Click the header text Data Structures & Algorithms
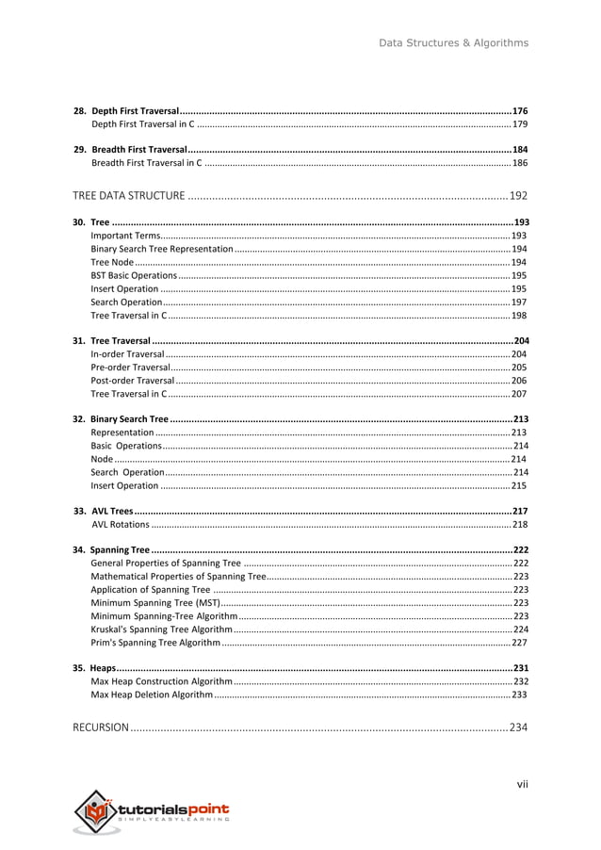tap(453, 42)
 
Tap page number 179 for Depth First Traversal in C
tap(519, 124)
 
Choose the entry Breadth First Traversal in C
tap(146, 163)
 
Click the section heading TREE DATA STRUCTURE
tap(129, 196)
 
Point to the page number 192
tap(518, 196)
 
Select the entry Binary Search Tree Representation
tap(161, 249)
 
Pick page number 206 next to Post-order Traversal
tap(519, 380)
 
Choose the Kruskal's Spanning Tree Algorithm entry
tap(161, 629)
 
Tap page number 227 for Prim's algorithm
tap(519, 642)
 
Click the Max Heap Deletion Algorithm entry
tap(152, 695)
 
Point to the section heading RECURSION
tap(101, 727)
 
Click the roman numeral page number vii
tap(522, 784)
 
